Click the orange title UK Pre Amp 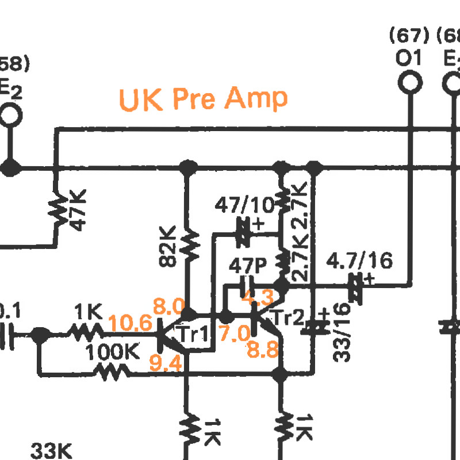pyautogui.click(x=203, y=98)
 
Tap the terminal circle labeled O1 pyautogui.click(x=409, y=82)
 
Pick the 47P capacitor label pyautogui.click(x=248, y=266)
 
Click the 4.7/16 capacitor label pyautogui.click(x=359, y=261)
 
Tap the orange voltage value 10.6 pyautogui.click(x=131, y=323)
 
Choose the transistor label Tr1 pyautogui.click(x=193, y=333)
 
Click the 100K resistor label pyautogui.click(x=113, y=352)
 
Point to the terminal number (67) pyautogui.click(x=409, y=36)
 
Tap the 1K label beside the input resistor pyautogui.click(x=88, y=312)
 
